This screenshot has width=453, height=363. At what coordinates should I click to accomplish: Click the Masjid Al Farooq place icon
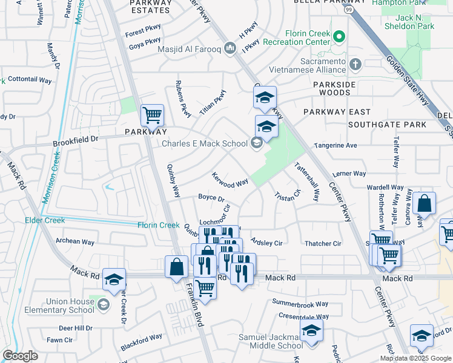tap(230, 48)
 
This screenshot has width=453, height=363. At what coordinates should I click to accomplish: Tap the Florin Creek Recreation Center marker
tap(339, 38)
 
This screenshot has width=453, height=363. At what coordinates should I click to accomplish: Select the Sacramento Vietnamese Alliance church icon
tap(355, 63)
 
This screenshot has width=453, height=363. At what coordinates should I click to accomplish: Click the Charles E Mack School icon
tap(256, 143)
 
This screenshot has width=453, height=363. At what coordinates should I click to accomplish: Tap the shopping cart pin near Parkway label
tap(152, 114)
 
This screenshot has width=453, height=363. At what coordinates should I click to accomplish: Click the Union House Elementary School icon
tap(103, 304)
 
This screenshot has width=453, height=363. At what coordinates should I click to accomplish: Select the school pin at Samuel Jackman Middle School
tap(311, 331)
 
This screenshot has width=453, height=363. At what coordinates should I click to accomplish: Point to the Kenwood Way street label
tap(230, 180)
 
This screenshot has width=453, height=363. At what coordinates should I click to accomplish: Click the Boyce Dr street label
tap(211, 198)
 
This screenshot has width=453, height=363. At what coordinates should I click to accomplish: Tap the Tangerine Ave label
tap(335, 146)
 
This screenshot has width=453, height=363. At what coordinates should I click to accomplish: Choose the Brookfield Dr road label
tap(75, 139)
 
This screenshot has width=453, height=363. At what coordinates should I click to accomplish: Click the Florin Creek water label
tap(157, 225)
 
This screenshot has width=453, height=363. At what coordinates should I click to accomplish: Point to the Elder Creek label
tap(45, 221)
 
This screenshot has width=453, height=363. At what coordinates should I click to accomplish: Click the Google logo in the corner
tap(20, 356)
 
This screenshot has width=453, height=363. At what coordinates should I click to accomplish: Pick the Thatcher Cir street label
tap(323, 244)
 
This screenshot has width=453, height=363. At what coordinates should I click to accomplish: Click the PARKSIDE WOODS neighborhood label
tap(331, 88)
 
